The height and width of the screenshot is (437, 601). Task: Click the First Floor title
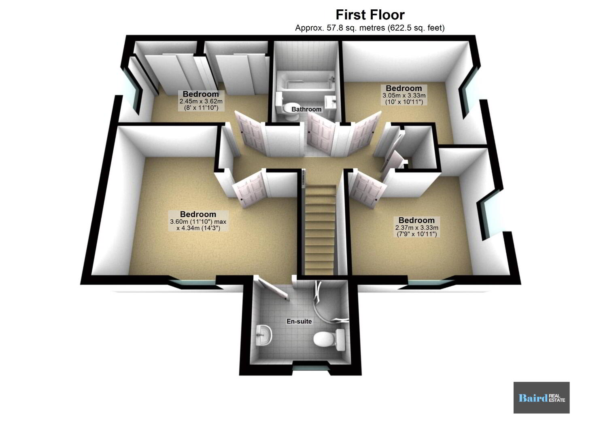[370, 15]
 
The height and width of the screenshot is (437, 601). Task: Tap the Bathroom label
[306, 109]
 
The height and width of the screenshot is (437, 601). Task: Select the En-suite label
[299, 321]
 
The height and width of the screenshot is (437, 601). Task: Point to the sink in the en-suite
[264, 335]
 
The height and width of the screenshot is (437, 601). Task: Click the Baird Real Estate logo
[542, 398]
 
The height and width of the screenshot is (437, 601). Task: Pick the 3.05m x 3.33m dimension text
[404, 95]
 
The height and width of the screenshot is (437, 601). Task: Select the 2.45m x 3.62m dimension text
[201, 102]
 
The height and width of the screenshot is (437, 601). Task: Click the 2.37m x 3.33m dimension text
[417, 227]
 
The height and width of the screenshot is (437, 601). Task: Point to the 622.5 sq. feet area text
[416, 28]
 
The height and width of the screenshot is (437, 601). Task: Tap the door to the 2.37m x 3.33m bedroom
[367, 190]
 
